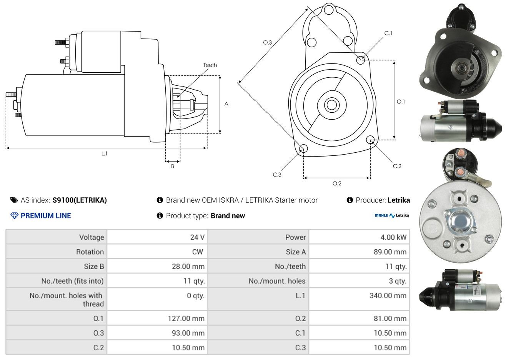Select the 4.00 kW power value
pyautogui.click(x=393, y=237)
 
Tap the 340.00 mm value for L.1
pyautogui.click(x=388, y=295)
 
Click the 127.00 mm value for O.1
pyautogui.click(x=186, y=318)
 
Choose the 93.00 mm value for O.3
pyautogui.click(x=188, y=333)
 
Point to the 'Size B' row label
pyautogui.click(x=94, y=267)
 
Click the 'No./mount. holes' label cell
pyautogui.click(x=277, y=281)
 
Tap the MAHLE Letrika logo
pyautogui.click(x=392, y=215)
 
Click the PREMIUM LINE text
pyautogui.click(x=46, y=216)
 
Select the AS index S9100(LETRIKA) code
pyautogui.click(x=80, y=200)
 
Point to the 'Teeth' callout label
pyautogui.click(x=210, y=65)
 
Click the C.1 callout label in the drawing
pyautogui.click(x=388, y=33)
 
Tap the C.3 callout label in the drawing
pyautogui.click(x=277, y=175)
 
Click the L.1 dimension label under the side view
pyautogui.click(x=104, y=154)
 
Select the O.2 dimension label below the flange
pyautogui.click(x=337, y=183)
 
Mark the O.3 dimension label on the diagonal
pyautogui.click(x=268, y=42)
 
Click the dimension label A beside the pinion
pyautogui.click(x=226, y=104)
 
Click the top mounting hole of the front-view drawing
pyautogui.click(x=329, y=10)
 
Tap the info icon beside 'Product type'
pyautogui.click(x=160, y=216)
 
